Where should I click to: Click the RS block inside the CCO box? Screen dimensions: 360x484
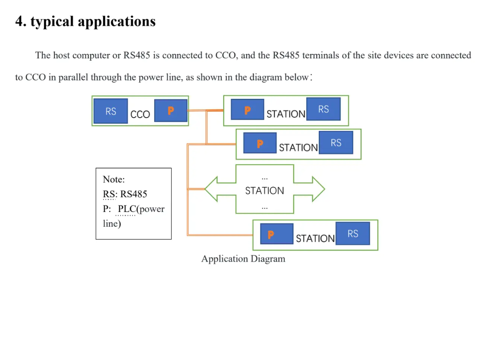(110, 111)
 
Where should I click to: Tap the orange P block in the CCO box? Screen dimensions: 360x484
(171, 110)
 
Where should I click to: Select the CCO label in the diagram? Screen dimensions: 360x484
(140, 114)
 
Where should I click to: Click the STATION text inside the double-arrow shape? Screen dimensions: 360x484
(265, 190)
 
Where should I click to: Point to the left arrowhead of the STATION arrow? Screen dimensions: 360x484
(211, 189)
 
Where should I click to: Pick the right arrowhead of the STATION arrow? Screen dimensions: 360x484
(318, 189)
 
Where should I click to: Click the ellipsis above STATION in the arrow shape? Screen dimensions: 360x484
(265, 178)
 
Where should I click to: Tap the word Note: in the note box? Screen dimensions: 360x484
(114, 179)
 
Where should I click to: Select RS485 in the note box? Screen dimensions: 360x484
(133, 194)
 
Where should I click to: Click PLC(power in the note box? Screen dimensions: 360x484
(141, 209)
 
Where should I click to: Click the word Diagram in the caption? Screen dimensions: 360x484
(268, 258)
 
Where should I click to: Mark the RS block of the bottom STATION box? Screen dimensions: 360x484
(353, 234)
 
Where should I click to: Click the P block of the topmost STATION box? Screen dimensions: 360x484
(248, 109)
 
